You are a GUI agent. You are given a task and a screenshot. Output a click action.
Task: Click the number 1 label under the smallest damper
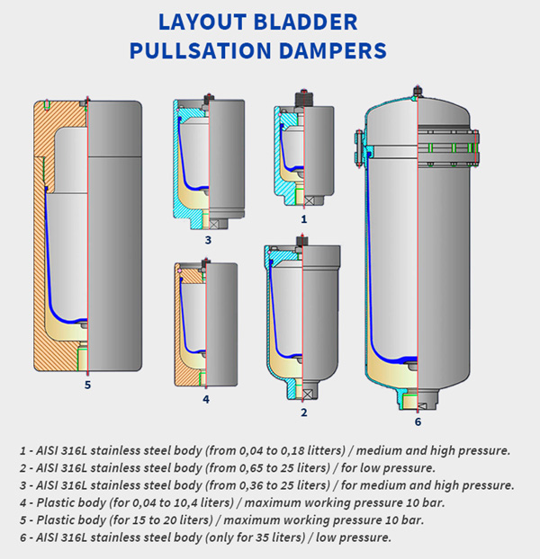coord(304,218)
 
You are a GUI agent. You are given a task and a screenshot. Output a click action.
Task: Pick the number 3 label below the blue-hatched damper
coord(207,240)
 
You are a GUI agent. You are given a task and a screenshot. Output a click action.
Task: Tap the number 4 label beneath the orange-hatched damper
coord(206,399)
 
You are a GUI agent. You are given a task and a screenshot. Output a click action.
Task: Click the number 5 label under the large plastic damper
coord(87,386)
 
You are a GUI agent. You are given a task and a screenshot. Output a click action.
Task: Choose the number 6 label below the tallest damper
coord(418,421)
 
